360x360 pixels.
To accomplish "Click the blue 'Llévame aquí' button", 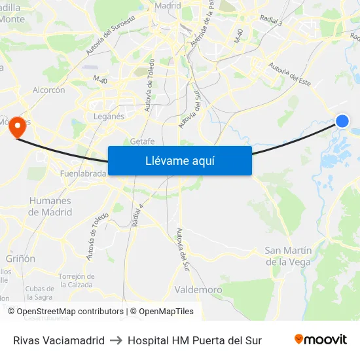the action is coord(179,160).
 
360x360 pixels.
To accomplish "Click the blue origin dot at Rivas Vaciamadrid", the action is coord(342,120).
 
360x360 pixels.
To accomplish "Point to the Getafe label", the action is coord(142,141).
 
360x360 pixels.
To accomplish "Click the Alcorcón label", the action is coord(48,90).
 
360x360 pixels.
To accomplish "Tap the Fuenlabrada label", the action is coord(83,174).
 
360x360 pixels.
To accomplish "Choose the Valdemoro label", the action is coord(198,289).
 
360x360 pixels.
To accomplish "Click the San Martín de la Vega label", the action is coord(288,256).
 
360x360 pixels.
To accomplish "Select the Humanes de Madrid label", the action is coord(50,206).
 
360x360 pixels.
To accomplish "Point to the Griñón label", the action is coord(20,259).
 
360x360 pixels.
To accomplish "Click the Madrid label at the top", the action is coord(168,6).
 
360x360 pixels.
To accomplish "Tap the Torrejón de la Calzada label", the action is coord(77,280).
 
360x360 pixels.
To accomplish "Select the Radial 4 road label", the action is coord(137,215).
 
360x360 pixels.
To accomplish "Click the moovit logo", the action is coord(321,340).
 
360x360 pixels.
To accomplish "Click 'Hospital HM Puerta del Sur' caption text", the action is coord(194,340).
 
